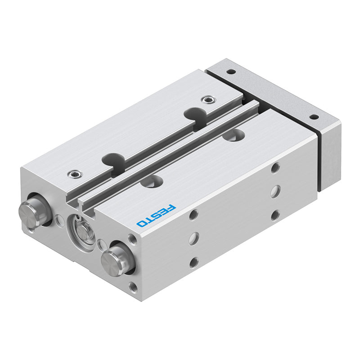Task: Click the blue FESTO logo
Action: [x=156, y=216]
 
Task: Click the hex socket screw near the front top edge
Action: [x=75, y=174]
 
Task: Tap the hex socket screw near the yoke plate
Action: [x=208, y=99]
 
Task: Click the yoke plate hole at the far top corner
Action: [x=231, y=72]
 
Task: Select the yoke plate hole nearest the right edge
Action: [x=314, y=117]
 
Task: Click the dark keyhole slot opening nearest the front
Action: [x=113, y=160]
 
